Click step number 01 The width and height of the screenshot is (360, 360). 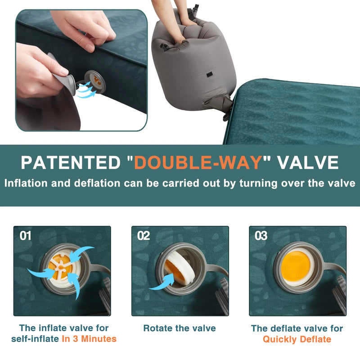[x=26, y=235]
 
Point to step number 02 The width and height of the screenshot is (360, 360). [x=144, y=235]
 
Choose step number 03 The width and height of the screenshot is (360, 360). [x=261, y=235]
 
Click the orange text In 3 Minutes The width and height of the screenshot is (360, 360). [x=89, y=339]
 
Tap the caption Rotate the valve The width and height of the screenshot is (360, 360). [x=180, y=328]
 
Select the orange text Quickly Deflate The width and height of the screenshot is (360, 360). [x=297, y=339]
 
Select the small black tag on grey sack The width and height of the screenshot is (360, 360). [x=208, y=75]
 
